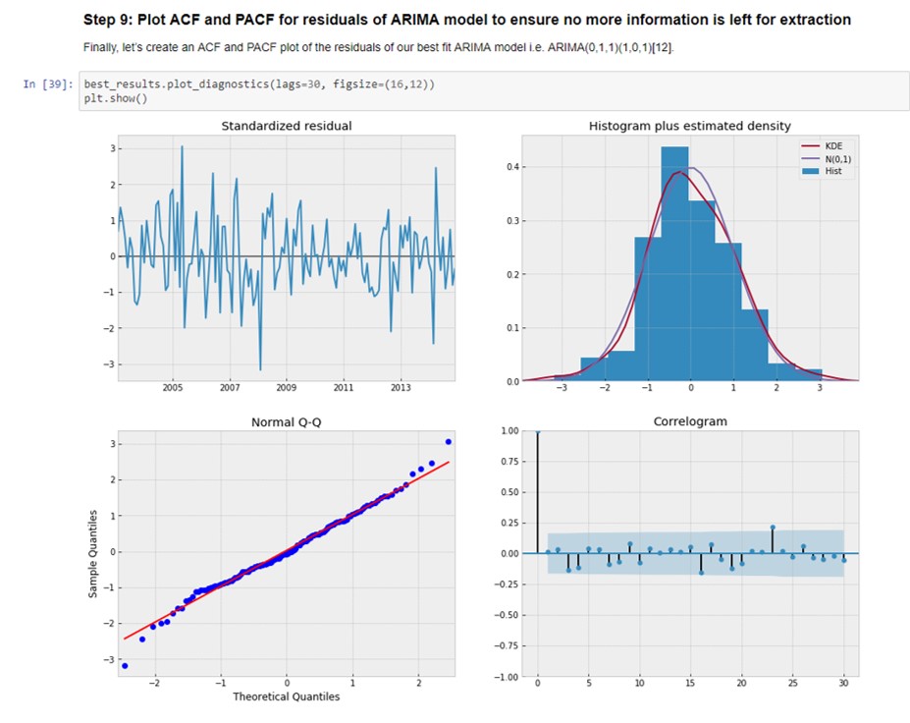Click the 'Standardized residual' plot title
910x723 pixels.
(286, 126)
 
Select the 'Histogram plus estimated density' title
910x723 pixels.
(689, 126)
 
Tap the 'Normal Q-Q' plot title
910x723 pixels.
(286, 422)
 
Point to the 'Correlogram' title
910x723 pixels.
(689, 422)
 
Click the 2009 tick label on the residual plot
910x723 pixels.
(287, 388)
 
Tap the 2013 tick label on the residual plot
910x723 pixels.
(401, 388)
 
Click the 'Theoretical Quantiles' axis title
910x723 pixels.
(286, 696)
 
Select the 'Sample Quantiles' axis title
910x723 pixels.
(93, 554)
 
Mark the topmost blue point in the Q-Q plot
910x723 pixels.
(449, 442)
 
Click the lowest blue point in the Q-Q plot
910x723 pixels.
(124, 665)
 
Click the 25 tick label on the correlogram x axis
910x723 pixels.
(792, 684)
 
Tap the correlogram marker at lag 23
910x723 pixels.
(773, 528)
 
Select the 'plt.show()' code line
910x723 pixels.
(116, 98)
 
